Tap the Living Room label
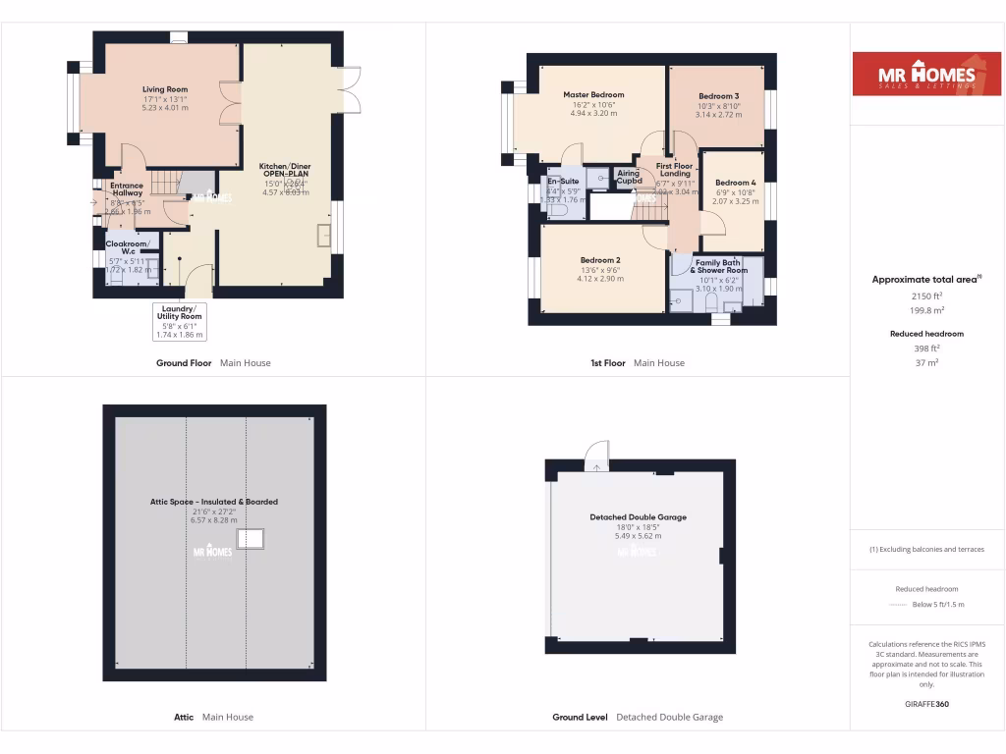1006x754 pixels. (165, 89)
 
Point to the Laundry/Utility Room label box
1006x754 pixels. (180, 321)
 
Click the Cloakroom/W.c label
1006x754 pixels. (129, 247)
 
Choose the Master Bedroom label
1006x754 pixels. (593, 95)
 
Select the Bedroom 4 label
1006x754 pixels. (735, 183)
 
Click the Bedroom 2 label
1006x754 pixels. (599, 260)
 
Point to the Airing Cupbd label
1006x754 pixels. (629, 178)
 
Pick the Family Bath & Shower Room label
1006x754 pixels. (718, 266)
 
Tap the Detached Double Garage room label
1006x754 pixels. (638, 517)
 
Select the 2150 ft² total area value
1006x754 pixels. (927, 296)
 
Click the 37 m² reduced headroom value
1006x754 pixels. (927, 362)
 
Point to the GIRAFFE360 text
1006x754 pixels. (927, 704)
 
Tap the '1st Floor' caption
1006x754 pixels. (607, 363)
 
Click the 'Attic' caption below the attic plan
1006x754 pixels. (184, 717)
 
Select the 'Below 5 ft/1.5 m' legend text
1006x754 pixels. (938, 605)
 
